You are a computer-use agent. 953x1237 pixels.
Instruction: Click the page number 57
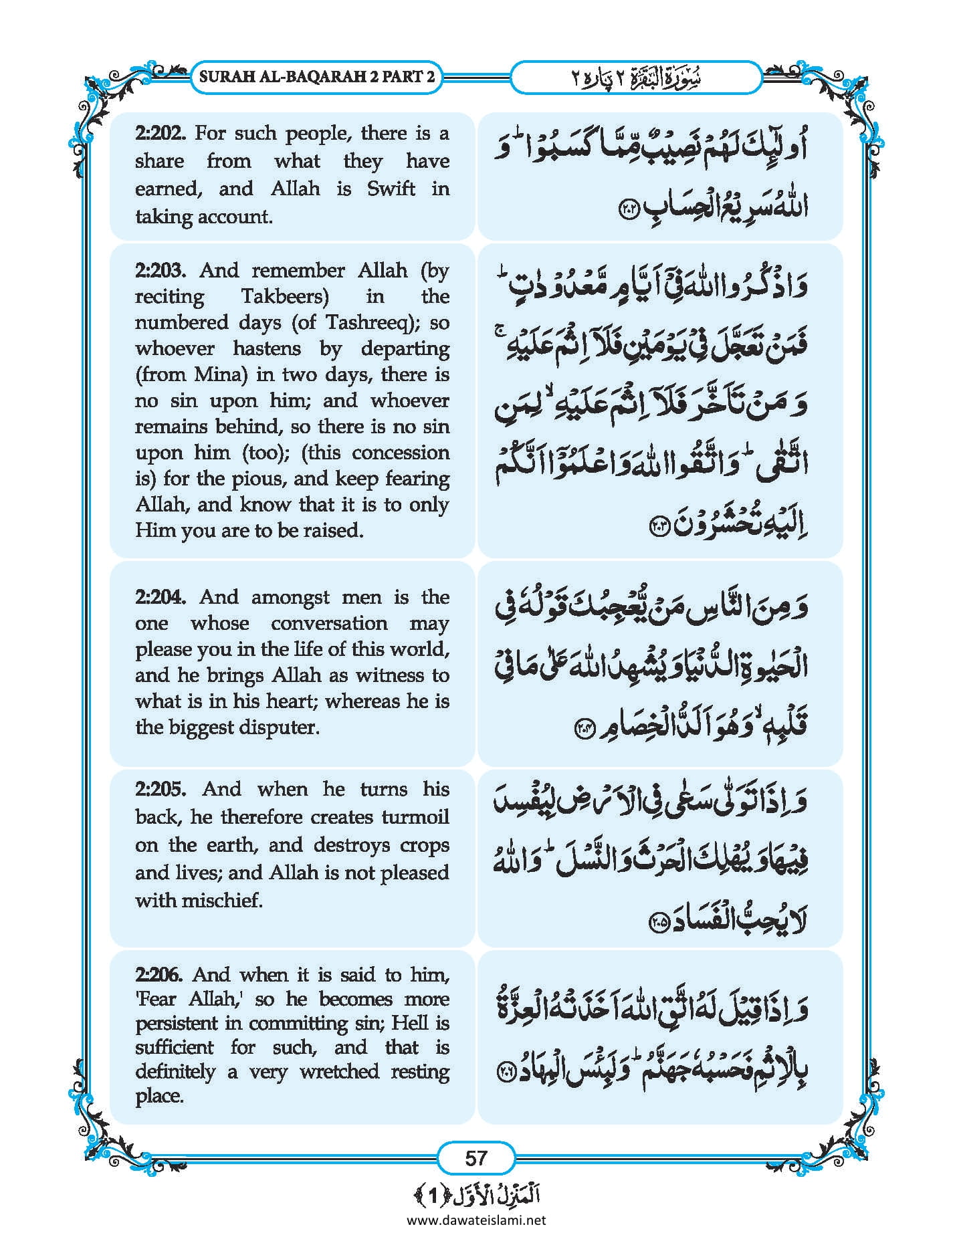coord(476,1157)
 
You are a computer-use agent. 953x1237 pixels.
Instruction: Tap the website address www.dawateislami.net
coord(476,1220)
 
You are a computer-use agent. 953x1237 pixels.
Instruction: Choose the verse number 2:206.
coord(159,974)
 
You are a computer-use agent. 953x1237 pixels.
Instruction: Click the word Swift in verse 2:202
coord(391,189)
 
